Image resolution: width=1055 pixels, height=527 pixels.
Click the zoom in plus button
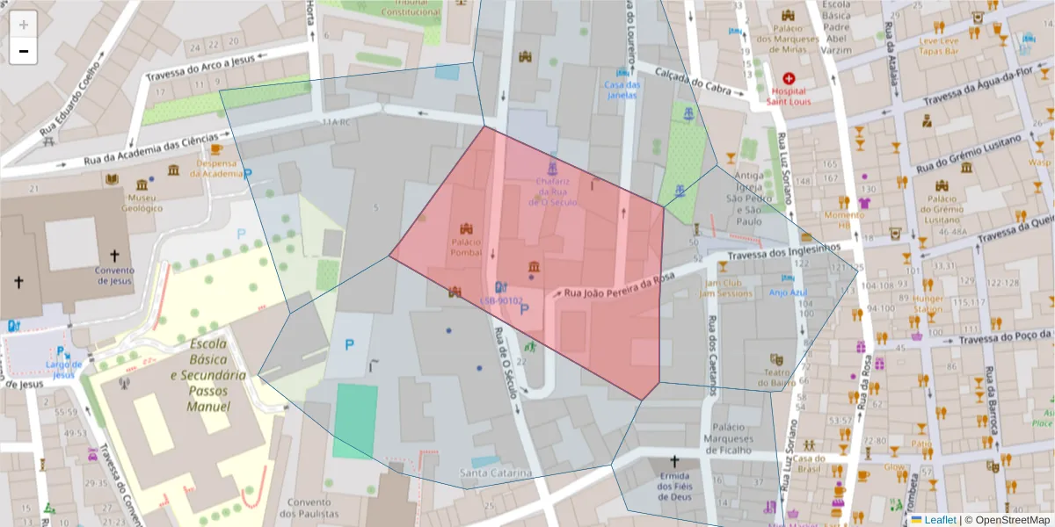23,25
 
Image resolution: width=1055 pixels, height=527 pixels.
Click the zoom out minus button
23,51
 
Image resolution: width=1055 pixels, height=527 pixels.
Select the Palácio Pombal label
467,247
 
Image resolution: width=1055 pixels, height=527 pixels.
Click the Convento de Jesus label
114,275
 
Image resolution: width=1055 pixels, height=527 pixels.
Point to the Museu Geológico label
142,203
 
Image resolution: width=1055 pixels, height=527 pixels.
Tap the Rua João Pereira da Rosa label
619,288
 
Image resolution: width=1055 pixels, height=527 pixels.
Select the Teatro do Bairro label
775,377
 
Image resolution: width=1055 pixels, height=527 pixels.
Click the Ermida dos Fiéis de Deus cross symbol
675,461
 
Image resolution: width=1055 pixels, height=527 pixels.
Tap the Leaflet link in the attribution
939,519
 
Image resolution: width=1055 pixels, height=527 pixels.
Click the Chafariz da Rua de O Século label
552,191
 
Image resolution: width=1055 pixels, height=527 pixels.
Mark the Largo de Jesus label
63,369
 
